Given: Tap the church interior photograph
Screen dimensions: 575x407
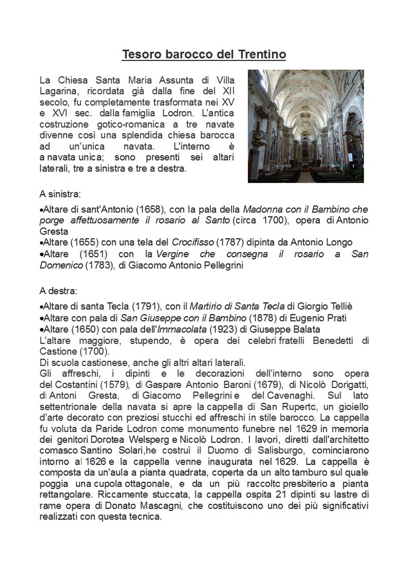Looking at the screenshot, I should click(306, 126).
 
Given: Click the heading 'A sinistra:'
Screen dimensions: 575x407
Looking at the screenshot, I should click(60, 194).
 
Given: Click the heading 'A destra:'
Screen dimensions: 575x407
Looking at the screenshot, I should click(58, 291).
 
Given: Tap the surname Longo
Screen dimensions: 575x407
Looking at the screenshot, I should click(339, 242).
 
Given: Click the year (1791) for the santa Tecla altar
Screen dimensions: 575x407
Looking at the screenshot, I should click(146, 306).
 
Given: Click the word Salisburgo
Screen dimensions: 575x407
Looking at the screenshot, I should click(281, 450).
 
